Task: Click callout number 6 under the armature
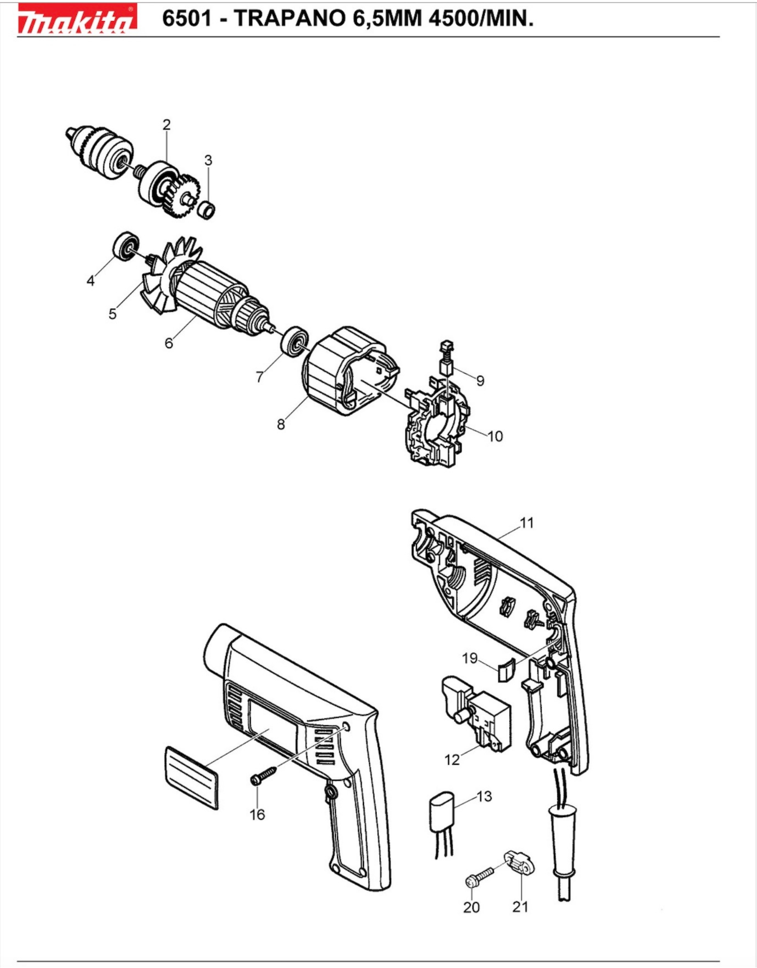(169, 343)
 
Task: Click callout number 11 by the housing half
(526, 523)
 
